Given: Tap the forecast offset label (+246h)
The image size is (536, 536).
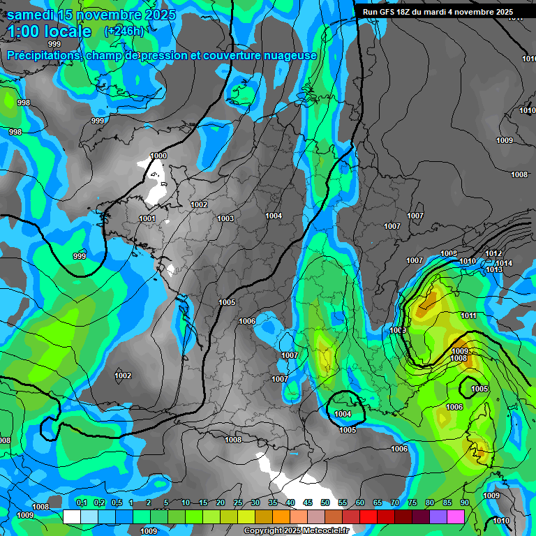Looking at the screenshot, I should [124, 31].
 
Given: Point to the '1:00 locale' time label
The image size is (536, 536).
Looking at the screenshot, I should [50, 31].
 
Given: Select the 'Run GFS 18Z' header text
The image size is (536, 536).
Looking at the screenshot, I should [396, 12].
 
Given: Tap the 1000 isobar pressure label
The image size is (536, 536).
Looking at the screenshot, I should [158, 156].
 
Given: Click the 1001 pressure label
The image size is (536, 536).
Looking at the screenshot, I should [147, 218].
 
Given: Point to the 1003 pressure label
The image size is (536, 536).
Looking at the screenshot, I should [225, 218].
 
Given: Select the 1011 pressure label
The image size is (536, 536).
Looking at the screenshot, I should [468, 315].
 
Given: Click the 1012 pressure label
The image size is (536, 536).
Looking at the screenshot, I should [493, 253].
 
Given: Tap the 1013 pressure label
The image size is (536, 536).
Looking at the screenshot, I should [494, 269].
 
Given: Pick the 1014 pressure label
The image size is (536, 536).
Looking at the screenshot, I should [504, 263].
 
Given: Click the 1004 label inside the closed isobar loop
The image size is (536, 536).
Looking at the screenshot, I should [343, 414].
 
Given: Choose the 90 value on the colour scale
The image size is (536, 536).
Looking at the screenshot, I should [465, 502].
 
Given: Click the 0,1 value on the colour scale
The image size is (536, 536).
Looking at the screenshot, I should [82, 502].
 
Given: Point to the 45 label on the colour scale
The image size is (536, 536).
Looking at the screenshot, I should [308, 502].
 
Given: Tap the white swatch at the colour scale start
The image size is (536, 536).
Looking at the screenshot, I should [71, 516].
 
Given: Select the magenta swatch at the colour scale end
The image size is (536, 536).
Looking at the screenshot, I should [456, 516].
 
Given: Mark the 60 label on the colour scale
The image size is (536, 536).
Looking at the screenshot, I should [360, 502].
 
